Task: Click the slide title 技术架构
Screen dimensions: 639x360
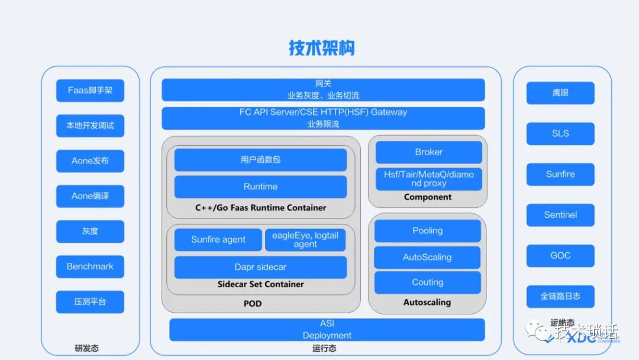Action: tap(321, 48)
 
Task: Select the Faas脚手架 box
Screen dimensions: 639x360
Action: tap(90, 91)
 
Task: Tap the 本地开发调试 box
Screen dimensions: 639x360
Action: tap(90, 126)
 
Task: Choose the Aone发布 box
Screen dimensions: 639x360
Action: tap(90, 161)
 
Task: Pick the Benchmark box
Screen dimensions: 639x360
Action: tap(90, 266)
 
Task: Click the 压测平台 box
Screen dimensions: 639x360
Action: tap(90, 301)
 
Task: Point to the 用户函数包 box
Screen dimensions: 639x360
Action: tap(260, 160)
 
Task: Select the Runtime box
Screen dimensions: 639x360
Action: tap(260, 187)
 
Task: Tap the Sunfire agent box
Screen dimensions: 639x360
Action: tap(218, 240)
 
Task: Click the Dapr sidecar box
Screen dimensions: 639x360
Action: tap(260, 267)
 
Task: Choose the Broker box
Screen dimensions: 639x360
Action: tap(428, 152)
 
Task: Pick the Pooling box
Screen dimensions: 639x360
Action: tap(427, 231)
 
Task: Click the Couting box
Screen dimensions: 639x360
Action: tap(427, 282)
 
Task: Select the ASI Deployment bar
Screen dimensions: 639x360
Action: tap(327, 330)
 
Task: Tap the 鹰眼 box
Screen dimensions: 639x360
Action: tap(560, 93)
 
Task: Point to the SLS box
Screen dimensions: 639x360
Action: tap(560, 133)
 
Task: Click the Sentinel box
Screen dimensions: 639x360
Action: tap(560, 215)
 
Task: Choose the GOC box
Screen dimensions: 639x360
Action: tap(560, 256)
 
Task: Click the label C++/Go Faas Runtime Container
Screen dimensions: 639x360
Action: tap(260, 208)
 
